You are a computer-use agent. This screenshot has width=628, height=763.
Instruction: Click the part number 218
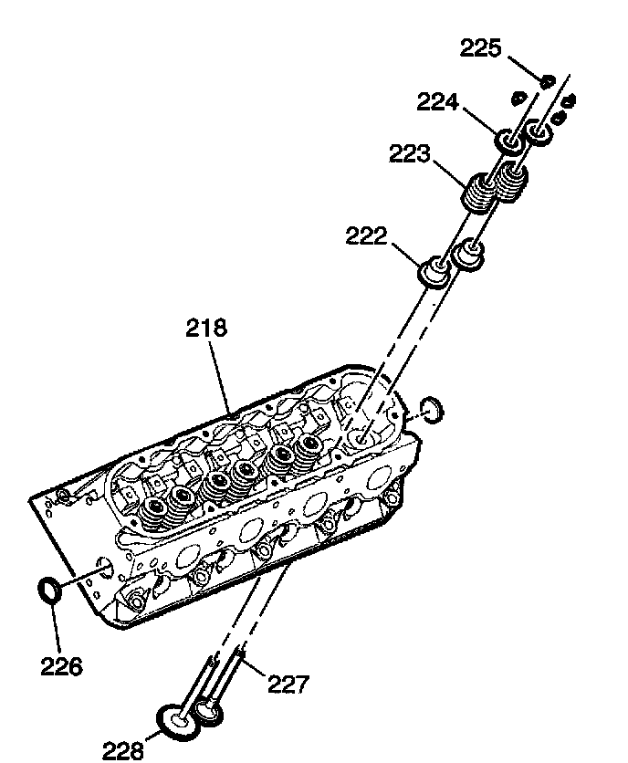tap(205, 329)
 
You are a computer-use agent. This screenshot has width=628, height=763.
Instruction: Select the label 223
tap(410, 154)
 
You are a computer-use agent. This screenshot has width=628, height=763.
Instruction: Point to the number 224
tap(439, 102)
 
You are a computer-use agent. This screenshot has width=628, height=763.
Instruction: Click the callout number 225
tap(480, 47)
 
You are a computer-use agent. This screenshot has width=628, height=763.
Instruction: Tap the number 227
tap(288, 683)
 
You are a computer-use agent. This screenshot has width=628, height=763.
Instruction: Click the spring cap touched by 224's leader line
tap(508, 142)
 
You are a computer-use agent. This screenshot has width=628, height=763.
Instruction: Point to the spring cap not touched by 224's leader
tap(539, 133)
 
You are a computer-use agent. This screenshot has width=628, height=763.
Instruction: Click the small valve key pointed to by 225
tap(547, 81)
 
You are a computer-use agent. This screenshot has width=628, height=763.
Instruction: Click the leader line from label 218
tap(219, 374)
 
